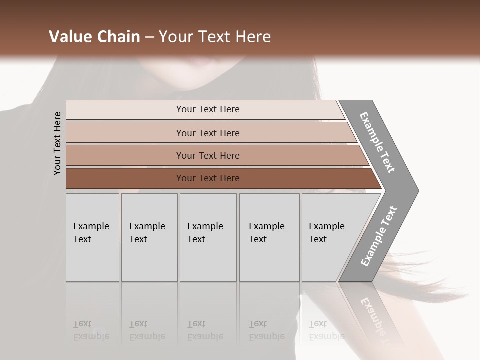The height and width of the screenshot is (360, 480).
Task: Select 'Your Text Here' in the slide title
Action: [x=215, y=37]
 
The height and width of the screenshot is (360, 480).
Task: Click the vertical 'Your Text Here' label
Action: [x=57, y=143]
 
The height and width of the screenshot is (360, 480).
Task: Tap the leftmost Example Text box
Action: [x=92, y=237]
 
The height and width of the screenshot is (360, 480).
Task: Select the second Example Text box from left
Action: [x=149, y=237]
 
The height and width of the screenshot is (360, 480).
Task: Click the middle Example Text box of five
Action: [x=208, y=237]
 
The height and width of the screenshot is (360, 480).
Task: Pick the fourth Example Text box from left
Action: [x=269, y=237]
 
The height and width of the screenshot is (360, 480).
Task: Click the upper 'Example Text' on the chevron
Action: [x=377, y=142]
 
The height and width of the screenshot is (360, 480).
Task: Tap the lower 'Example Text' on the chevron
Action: [x=378, y=236]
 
